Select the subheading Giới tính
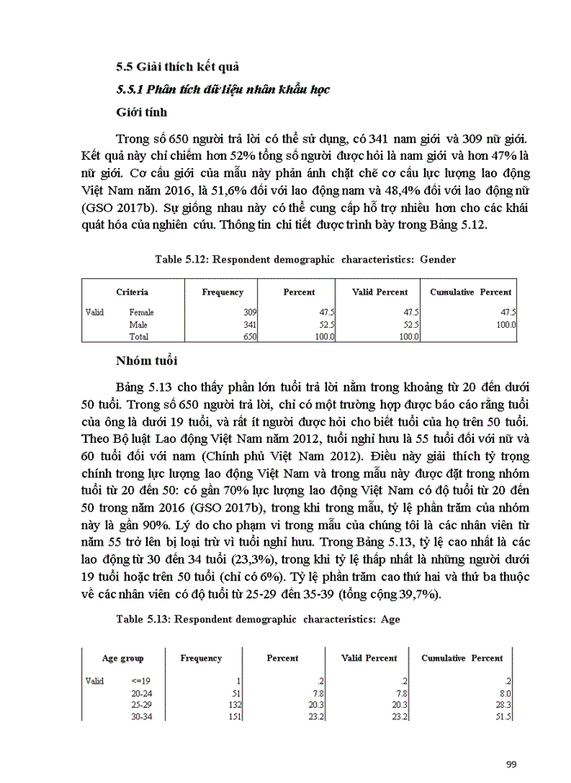click(x=139, y=112)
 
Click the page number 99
click(x=511, y=763)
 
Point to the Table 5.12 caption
click(x=305, y=259)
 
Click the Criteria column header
click(x=131, y=292)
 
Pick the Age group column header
click(x=122, y=658)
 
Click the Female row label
click(x=141, y=312)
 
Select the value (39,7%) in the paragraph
click(x=411, y=595)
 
